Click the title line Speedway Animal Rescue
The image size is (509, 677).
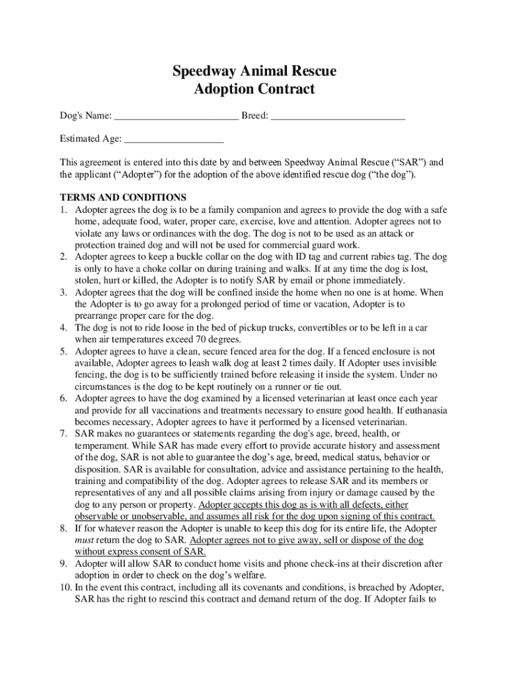click(255, 71)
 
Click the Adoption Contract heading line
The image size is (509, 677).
click(255, 89)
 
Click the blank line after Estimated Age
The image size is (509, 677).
click(174, 140)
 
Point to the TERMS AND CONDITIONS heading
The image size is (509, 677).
click(124, 198)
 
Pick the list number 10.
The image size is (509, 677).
click(65, 588)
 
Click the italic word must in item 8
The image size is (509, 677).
click(86, 540)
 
